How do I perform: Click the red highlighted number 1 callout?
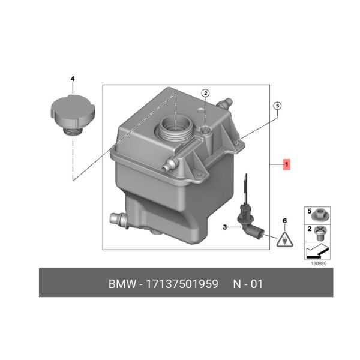tap(287, 164)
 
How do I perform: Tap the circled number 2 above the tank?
tap(205, 93)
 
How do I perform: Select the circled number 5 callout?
tap(277, 106)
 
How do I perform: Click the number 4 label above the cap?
tap(73, 79)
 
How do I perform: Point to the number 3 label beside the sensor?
tap(225, 227)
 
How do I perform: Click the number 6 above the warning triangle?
tap(284, 221)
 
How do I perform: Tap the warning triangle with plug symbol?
tap(284, 240)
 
